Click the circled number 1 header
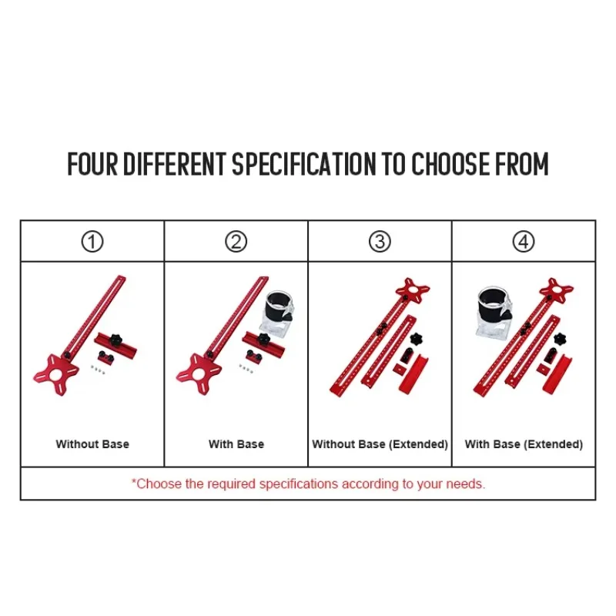pyautogui.click(x=92, y=242)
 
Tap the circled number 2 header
pyautogui.click(x=236, y=242)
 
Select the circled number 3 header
pyautogui.click(x=380, y=242)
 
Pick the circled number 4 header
pyautogui.click(x=524, y=242)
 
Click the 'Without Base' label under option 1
pyautogui.click(x=92, y=444)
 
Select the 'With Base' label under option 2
pyautogui.click(x=236, y=444)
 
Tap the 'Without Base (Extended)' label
pyautogui.click(x=380, y=444)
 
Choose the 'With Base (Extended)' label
pyautogui.click(x=524, y=444)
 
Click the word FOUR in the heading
pyautogui.click(x=92, y=164)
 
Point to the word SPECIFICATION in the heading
pyautogui.click(x=304, y=164)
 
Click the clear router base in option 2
pyautogui.click(x=277, y=313)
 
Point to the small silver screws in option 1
pyautogui.click(x=98, y=370)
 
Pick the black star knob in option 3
pyautogui.click(x=417, y=338)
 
